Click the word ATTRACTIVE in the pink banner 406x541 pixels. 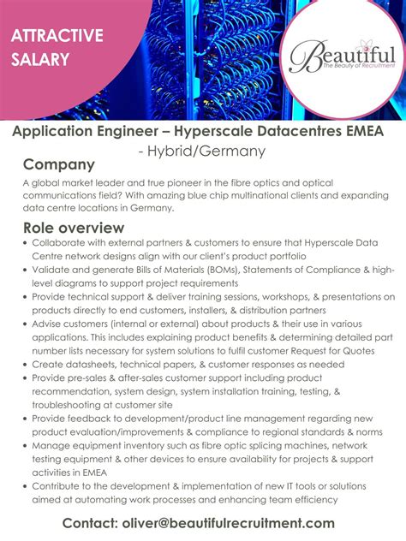[x=57, y=35]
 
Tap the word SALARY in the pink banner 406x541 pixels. [x=41, y=60]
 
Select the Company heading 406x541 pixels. [x=58, y=164]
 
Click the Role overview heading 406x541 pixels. [x=74, y=228]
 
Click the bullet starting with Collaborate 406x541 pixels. [x=63, y=243]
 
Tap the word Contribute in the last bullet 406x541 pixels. [x=60, y=486]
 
